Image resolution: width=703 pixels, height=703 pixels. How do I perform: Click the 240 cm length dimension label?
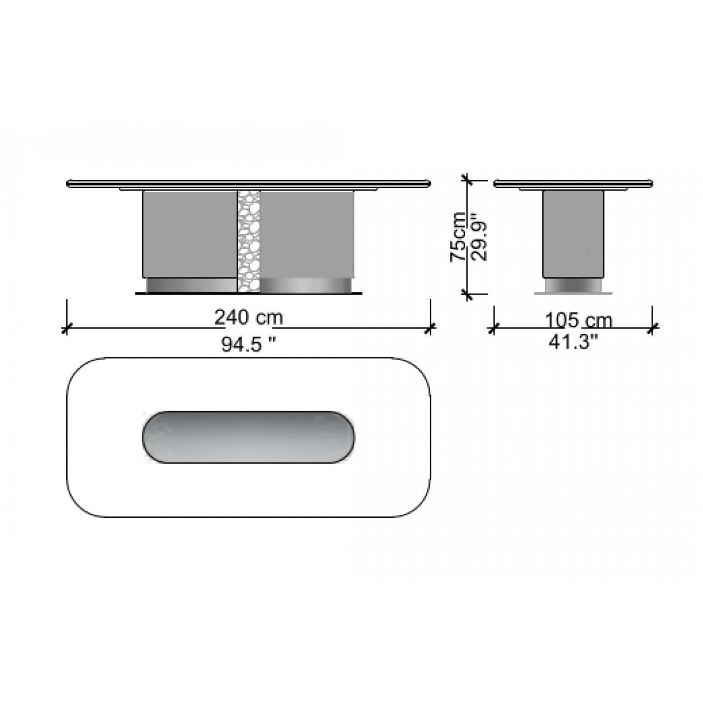pyautogui.click(x=248, y=318)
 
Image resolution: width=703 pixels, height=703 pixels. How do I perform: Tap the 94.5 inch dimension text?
pyautogui.click(x=248, y=344)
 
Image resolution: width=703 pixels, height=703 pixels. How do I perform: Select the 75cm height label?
pyautogui.click(x=458, y=237)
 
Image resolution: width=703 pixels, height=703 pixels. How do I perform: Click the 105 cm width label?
pyautogui.click(x=579, y=320)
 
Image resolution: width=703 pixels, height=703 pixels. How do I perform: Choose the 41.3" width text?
pyautogui.click(x=574, y=343)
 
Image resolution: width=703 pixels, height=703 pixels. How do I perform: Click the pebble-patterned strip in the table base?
pyautogui.click(x=248, y=241)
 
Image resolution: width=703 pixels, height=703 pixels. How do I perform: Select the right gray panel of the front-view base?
pyautogui.click(x=307, y=234)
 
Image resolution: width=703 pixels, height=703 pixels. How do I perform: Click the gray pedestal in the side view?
pyautogui.click(x=573, y=234)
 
